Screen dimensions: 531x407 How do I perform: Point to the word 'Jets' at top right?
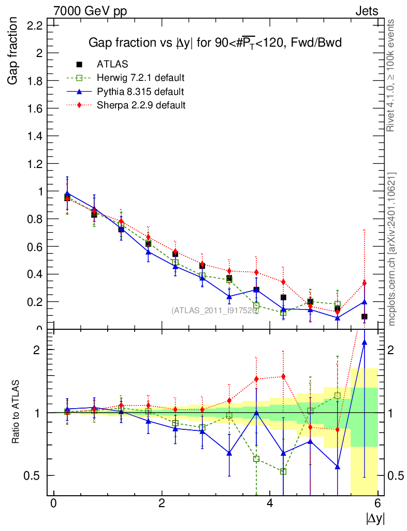click(366, 11)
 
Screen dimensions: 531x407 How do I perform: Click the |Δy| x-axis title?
click(375, 518)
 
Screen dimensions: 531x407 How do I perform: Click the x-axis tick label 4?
click(270, 504)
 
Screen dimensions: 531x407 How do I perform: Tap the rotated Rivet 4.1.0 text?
click(391, 75)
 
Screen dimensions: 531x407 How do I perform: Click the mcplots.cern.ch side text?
click(391, 249)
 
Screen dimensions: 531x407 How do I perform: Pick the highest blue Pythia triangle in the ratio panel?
click(365, 342)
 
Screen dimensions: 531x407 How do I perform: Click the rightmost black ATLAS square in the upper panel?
click(365, 316)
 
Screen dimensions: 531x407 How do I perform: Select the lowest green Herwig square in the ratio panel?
click(283, 471)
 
